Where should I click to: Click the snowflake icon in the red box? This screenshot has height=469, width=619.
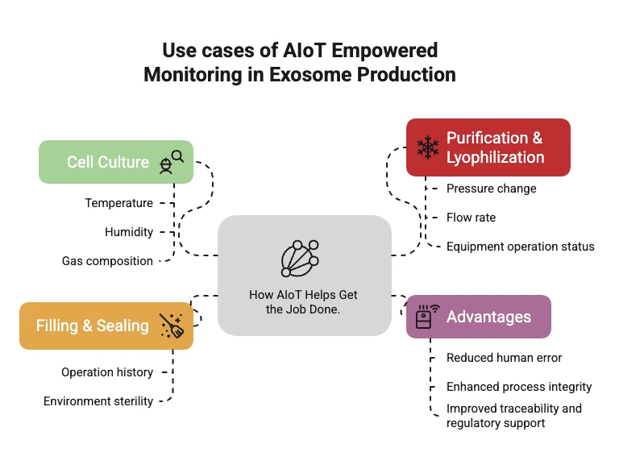pos(426,147)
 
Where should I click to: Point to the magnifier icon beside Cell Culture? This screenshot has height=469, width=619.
pos(171,161)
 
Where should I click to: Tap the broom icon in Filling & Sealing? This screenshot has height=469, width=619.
pos(171,326)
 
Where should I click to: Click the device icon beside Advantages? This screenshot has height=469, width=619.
pos(426,316)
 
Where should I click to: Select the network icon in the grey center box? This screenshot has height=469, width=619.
pos(301,259)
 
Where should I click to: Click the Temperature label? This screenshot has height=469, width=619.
pos(119,203)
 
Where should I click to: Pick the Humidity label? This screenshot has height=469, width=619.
pos(129,232)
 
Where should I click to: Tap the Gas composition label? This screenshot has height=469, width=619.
pos(107,261)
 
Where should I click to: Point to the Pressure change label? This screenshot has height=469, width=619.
pos(491,189)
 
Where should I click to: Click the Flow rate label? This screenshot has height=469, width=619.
pos(471,218)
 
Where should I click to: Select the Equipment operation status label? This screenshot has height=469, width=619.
pos(520,247)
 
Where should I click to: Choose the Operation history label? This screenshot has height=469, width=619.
pos(107,372)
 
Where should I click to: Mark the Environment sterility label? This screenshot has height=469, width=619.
pos(98,401)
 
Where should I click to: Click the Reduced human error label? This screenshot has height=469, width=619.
pos(504,358)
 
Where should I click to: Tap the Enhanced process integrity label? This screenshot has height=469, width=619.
pos(519,387)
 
